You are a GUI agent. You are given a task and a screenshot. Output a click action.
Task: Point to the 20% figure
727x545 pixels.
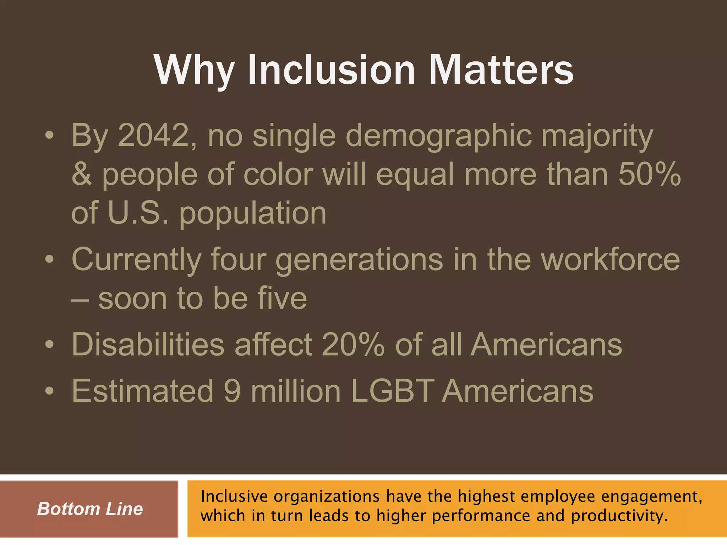pyautogui.click(x=353, y=344)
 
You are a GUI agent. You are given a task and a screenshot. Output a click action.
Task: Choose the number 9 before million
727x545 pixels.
pyautogui.click(x=232, y=391)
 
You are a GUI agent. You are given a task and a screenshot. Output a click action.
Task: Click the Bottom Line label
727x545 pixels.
pyautogui.click(x=90, y=509)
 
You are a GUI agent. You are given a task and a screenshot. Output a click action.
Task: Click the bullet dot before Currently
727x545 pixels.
pyautogui.click(x=50, y=260)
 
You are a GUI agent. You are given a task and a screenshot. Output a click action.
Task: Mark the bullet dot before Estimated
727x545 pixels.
pyautogui.click(x=50, y=391)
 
